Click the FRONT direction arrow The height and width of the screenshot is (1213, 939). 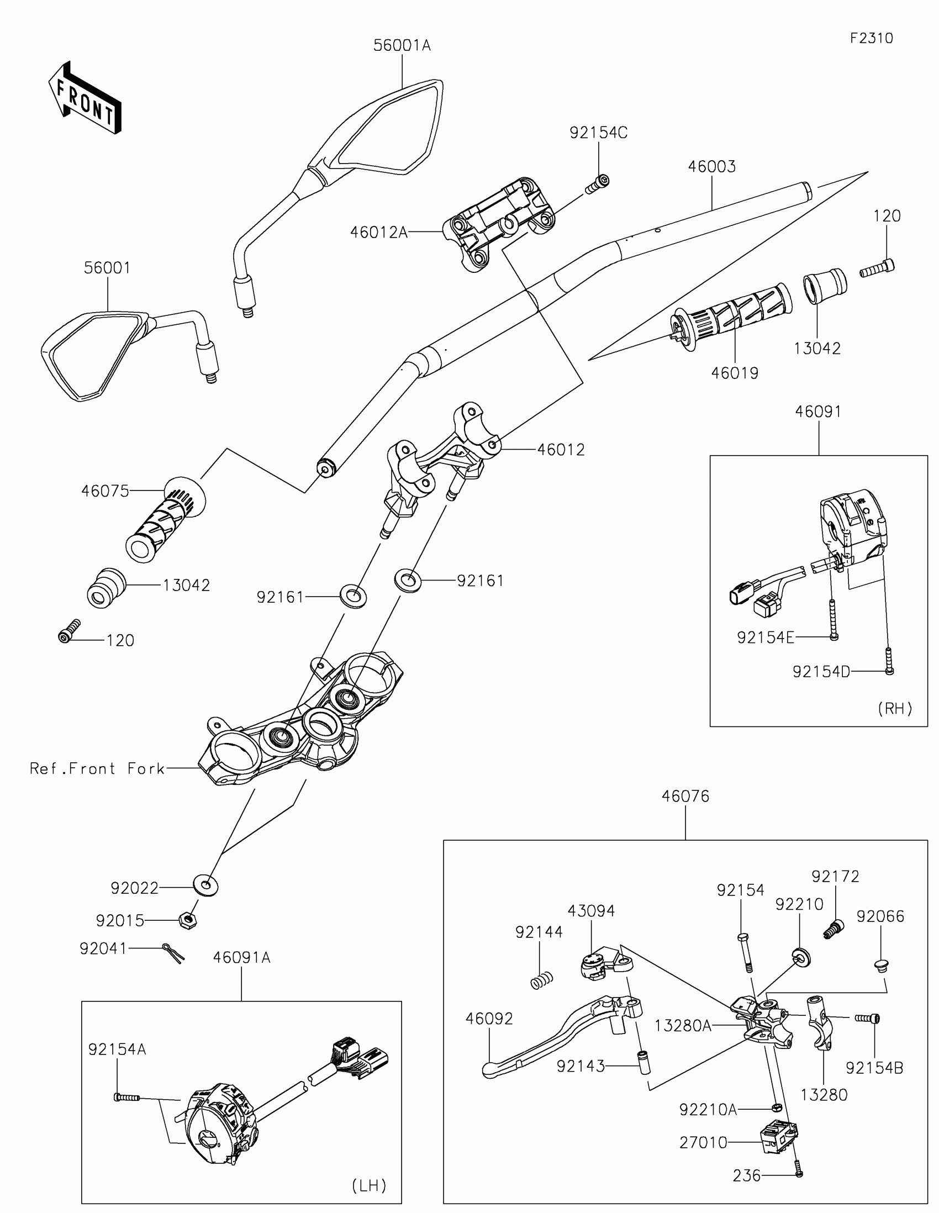click(x=85, y=99)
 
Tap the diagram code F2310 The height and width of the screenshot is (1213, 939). click(x=871, y=38)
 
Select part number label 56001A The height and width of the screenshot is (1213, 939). click(x=402, y=45)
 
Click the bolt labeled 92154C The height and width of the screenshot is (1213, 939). click(x=598, y=183)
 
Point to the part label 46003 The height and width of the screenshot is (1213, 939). click(x=711, y=167)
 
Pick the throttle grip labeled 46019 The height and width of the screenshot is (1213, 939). click(x=730, y=317)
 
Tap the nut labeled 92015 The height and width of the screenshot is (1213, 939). click(x=189, y=920)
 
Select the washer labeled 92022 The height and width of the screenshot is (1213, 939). click(x=205, y=885)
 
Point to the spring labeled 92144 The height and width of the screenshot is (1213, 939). click(x=541, y=981)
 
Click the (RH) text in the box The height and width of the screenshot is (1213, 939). click(x=895, y=708)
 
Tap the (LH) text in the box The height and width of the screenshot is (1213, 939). click(x=370, y=1185)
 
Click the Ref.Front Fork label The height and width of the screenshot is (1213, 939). click(x=97, y=769)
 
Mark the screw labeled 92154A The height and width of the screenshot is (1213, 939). click(x=126, y=1097)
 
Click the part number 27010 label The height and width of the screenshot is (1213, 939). click(x=703, y=1142)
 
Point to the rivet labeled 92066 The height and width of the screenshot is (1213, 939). click(x=880, y=964)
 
